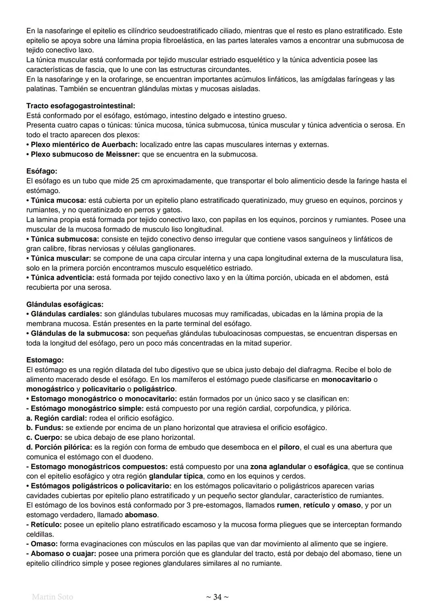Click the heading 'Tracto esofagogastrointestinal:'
coord(81,106)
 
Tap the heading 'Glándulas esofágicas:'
coord(65,304)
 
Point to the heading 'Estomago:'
coord(45,360)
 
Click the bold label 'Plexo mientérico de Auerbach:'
coord(84,144)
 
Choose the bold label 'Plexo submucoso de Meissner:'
coord(83,154)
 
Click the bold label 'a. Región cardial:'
coord(56,418)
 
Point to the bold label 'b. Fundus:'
coord(44,428)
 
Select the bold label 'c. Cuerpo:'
coord(44,437)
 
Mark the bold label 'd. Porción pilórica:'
coord(59,447)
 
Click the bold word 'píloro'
coord(289,447)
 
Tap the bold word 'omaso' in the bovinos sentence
coord(349,505)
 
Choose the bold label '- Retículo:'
coord(44,524)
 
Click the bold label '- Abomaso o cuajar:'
coord(61,553)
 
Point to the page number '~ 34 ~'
coord(217,597)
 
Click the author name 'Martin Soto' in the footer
coord(52,597)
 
